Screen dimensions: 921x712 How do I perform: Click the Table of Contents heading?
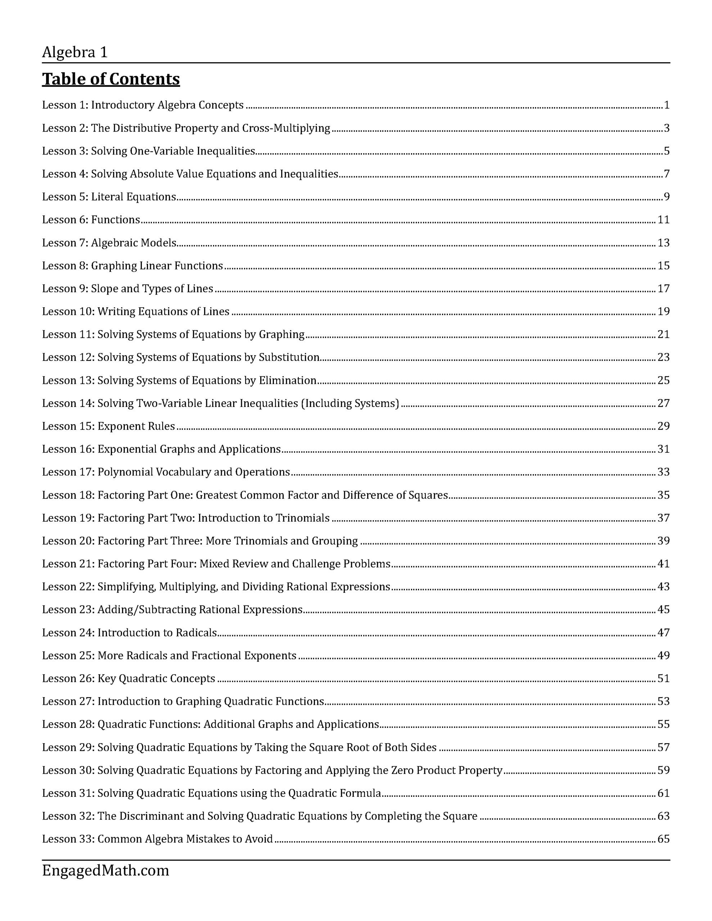[111, 79]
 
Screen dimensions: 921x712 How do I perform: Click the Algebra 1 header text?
[75, 52]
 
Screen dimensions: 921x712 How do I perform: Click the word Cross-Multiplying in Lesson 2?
[286, 128]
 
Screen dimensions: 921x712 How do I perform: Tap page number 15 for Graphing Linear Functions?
[663, 266]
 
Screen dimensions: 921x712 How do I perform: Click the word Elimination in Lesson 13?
[287, 380]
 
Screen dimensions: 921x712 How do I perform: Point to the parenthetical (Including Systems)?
[350, 404]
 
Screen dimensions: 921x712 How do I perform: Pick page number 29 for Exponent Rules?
[663, 426]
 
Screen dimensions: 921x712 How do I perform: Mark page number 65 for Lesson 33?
[663, 839]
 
